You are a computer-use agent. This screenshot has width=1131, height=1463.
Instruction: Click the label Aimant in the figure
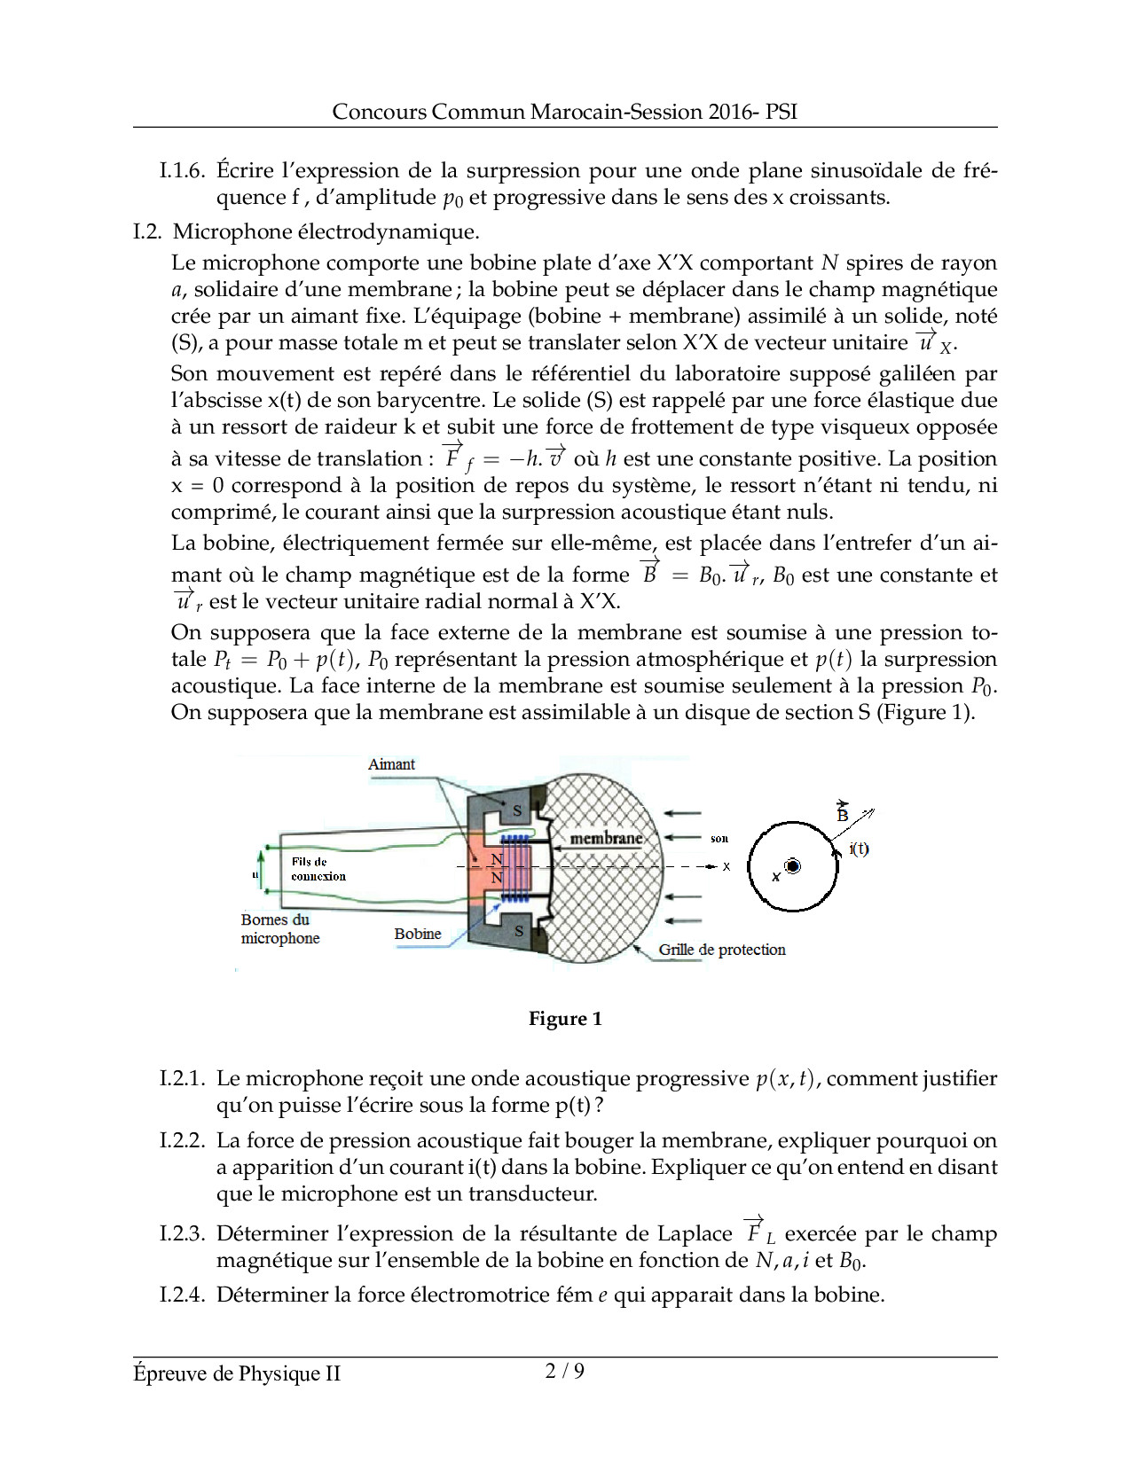(391, 764)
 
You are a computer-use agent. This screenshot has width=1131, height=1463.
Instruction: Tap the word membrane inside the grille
(606, 838)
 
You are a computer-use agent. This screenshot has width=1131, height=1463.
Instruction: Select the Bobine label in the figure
(418, 934)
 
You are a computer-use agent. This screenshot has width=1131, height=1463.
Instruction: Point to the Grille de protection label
(721, 950)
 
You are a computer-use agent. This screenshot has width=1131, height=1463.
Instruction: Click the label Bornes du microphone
(279, 929)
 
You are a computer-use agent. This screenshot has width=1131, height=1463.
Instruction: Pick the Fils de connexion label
(318, 869)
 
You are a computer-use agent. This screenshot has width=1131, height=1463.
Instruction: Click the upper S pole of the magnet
(518, 810)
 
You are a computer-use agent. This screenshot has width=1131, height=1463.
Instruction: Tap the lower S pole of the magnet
(519, 931)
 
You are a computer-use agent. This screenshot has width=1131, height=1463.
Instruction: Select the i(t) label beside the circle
(859, 849)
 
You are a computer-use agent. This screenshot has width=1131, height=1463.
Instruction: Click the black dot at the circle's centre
(793, 866)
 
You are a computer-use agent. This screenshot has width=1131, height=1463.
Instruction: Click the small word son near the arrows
(719, 838)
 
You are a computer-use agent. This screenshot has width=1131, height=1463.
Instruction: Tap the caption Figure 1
(565, 1019)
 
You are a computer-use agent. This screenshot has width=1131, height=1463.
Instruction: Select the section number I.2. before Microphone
(147, 231)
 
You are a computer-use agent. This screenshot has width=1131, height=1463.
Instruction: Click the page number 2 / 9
(565, 1371)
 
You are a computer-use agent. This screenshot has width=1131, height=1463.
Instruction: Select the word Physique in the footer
(283, 1373)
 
